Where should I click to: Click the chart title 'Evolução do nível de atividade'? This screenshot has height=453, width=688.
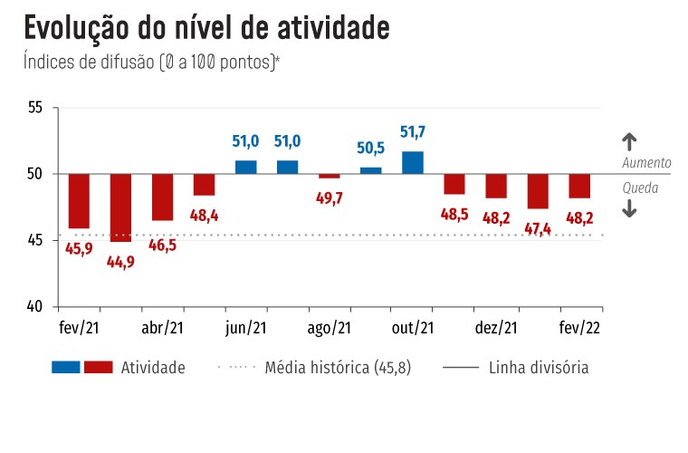coord(206,28)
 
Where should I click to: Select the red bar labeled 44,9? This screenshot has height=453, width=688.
coord(120,207)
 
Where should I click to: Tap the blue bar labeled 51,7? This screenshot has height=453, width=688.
coord(412,162)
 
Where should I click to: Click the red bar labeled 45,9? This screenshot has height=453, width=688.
coord(79,200)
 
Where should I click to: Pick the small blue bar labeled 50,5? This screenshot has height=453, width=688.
coord(370,170)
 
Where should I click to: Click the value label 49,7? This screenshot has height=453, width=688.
coord(329,198)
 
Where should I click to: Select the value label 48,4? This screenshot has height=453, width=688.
coord(204,216)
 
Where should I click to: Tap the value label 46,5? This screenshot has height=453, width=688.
coord(162,245)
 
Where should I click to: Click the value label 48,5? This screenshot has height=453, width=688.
coord(454,215)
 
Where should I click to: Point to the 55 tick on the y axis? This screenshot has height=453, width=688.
coord(35,108)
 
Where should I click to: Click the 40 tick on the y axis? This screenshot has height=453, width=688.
coord(35,307)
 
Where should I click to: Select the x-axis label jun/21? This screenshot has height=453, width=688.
coord(246,330)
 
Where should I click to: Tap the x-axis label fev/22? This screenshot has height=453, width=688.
coord(578,330)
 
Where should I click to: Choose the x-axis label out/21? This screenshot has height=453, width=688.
coord(413,330)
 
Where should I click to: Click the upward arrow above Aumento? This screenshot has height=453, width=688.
coord(630,141)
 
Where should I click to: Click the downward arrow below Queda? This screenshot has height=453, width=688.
coord(630,208)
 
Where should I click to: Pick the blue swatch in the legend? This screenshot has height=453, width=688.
coord(66,368)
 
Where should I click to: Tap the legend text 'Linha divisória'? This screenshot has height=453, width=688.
coord(539,368)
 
